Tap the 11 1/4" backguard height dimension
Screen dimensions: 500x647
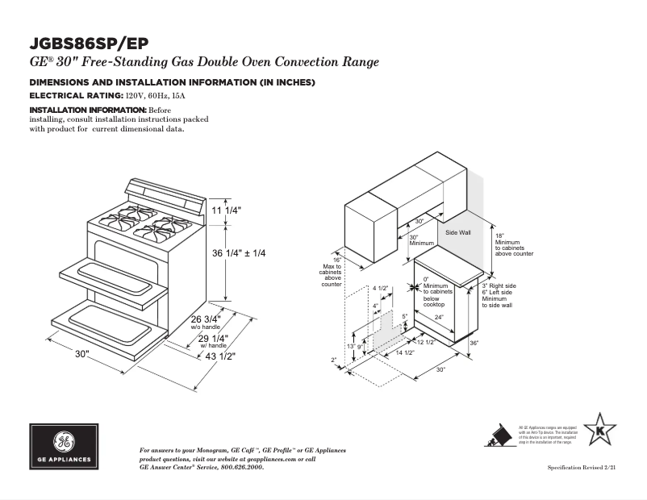pos(227,210)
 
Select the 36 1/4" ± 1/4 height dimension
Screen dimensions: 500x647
pos(238,253)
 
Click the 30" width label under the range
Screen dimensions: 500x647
pos(82,355)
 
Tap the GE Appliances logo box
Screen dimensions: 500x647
pos(65,446)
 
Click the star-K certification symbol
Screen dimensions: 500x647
pos(599,431)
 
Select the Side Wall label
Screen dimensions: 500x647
pos(458,232)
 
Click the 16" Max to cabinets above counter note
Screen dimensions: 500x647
pos(332,272)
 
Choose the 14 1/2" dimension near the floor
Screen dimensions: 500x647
pos(404,353)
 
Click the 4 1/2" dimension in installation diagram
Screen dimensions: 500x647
pos(380,288)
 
